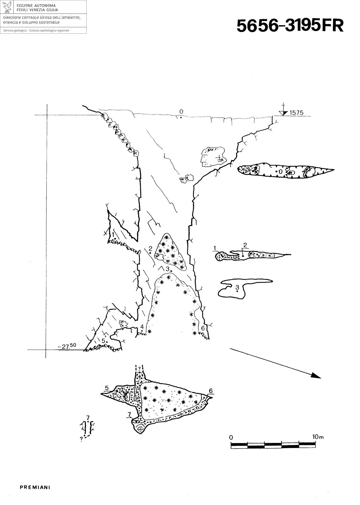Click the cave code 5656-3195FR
[290, 26]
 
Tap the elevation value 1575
[296, 113]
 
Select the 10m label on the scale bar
[318, 437]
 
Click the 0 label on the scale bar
[231, 438]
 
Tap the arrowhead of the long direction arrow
[316, 376]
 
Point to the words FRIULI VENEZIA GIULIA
[37, 10]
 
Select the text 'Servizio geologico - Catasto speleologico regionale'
[36, 30]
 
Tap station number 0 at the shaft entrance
[181, 112]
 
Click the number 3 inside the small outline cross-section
[237, 287]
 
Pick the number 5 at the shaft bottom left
[103, 340]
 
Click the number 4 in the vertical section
[142, 327]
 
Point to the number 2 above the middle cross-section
[245, 245]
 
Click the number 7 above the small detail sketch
[88, 417]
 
